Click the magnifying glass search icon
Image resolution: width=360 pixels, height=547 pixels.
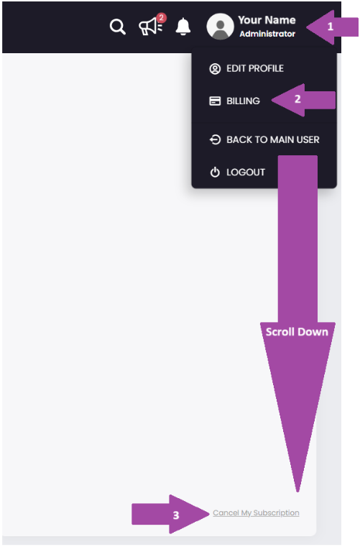pyautogui.click(x=118, y=27)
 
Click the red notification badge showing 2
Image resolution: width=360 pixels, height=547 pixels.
pyautogui.click(x=161, y=18)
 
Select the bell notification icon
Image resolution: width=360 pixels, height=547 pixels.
pyautogui.click(x=183, y=27)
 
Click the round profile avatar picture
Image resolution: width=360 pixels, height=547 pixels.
pyautogui.click(x=220, y=27)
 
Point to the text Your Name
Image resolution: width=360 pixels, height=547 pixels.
pyautogui.click(x=267, y=20)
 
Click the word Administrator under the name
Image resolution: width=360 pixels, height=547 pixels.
pyautogui.click(x=267, y=34)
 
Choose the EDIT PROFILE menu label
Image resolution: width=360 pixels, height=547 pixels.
pyautogui.click(x=255, y=68)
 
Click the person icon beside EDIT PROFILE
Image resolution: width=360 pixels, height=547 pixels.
pyautogui.click(x=215, y=69)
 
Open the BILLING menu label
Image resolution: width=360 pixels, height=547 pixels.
pyautogui.click(x=243, y=101)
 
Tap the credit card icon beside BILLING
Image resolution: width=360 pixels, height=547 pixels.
pyautogui.click(x=215, y=101)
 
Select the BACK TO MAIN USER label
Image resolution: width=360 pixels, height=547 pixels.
pyautogui.click(x=273, y=139)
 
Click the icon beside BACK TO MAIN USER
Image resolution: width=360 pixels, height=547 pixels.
pyautogui.click(x=215, y=139)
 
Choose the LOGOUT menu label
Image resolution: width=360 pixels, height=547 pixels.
pyautogui.click(x=246, y=172)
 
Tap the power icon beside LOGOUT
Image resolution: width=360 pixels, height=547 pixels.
pyautogui.click(x=215, y=172)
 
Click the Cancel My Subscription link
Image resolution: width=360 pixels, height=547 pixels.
pyautogui.click(x=256, y=512)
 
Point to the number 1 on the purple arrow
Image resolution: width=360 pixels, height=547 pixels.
pyautogui.click(x=331, y=27)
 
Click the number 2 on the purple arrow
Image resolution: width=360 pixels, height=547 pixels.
pyautogui.click(x=297, y=99)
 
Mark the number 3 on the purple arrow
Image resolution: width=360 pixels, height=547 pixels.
pyautogui.click(x=176, y=515)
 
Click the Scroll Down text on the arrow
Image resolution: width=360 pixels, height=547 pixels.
pyautogui.click(x=297, y=332)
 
